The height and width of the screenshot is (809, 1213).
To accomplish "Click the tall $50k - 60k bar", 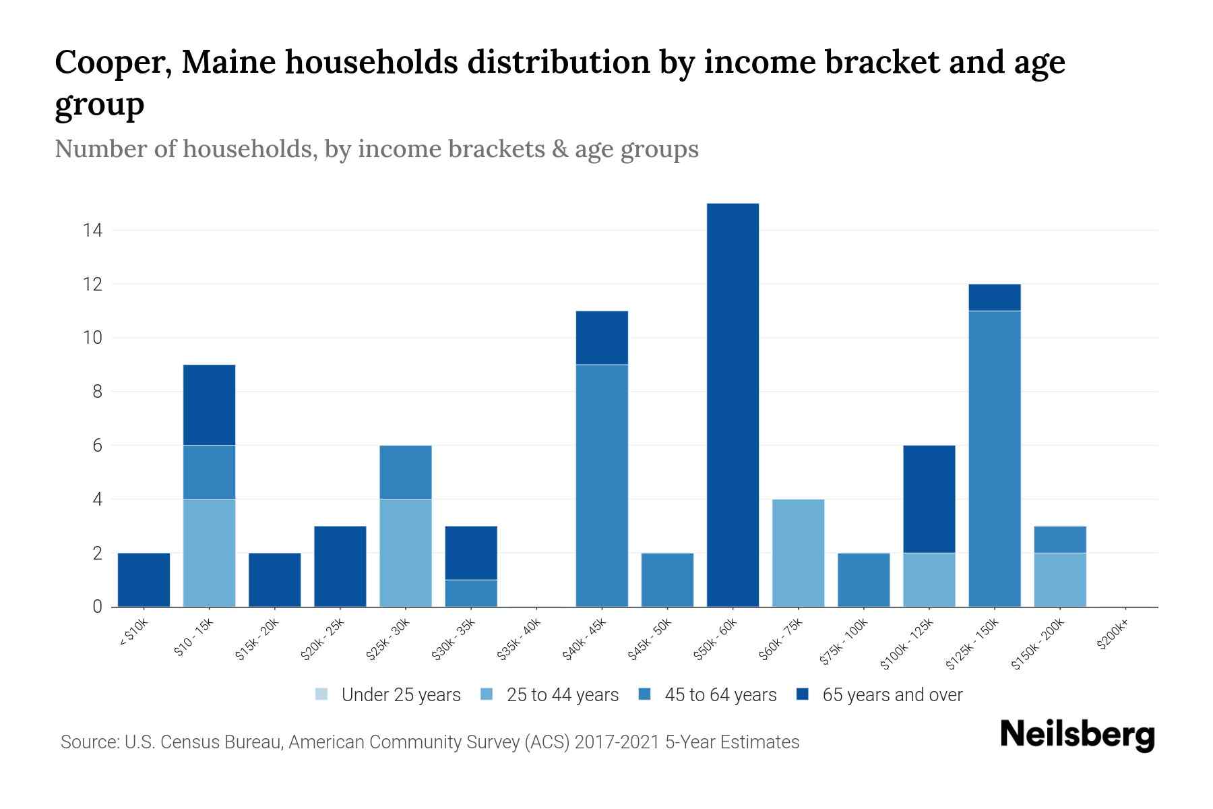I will click(733, 404).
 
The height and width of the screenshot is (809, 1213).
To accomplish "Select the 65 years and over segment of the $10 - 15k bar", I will click(209, 404).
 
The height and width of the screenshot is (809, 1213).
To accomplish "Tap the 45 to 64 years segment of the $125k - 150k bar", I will click(994, 458).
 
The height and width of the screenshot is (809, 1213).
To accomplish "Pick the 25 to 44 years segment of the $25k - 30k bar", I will click(406, 553).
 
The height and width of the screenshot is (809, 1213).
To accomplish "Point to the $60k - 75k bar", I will click(798, 553).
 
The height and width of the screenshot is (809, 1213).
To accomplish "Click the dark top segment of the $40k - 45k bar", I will click(602, 337).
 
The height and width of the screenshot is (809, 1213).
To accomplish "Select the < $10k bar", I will click(144, 580).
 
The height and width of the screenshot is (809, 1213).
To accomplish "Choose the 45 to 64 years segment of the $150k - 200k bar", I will click(1059, 539).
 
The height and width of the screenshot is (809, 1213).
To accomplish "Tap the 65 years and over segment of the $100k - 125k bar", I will click(929, 499).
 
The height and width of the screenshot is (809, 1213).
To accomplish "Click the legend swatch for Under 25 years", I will click(321, 694).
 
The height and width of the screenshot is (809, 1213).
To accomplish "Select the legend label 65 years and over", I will click(892, 695).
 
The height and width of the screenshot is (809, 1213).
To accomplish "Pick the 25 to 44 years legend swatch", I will click(487, 694).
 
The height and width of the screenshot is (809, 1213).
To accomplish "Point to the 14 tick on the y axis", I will click(92, 231).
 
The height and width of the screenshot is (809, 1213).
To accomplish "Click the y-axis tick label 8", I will click(97, 392).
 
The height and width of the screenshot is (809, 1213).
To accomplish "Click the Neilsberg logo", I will click(1077, 735).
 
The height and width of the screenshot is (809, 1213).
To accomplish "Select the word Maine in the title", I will click(228, 63).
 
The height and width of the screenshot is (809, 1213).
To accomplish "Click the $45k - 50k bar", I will click(667, 580).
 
